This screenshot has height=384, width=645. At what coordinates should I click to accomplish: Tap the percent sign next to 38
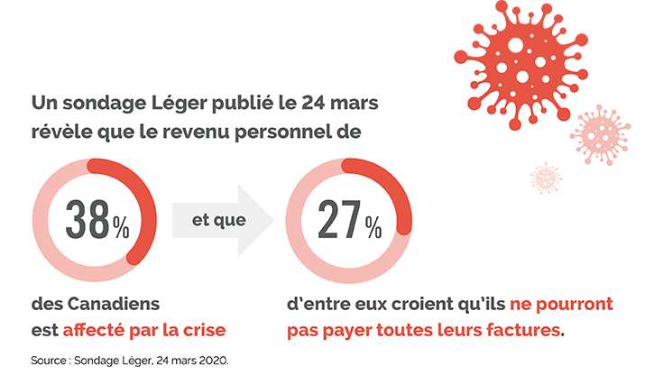click(x=120, y=226)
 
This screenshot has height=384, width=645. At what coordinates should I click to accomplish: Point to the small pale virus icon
click(x=546, y=177)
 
